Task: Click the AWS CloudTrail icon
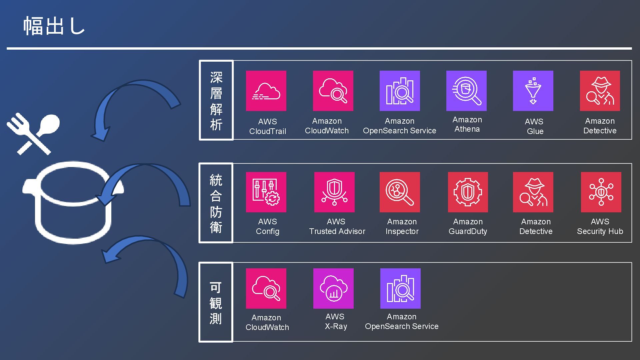tap(266, 91)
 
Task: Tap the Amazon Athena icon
tap(466, 91)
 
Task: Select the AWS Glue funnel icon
tap(533, 91)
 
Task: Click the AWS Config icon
tap(266, 192)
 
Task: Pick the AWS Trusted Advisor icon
tap(334, 192)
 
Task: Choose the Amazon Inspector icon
tap(400, 192)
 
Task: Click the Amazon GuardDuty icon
tap(468, 192)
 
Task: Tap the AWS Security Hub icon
tap(601, 192)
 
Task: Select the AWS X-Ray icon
tap(333, 288)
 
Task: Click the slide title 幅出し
tap(54, 26)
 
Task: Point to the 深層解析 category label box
tap(216, 100)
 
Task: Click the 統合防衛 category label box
tap(216, 203)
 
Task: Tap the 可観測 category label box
tap(216, 302)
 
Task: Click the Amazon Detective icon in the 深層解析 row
tap(600, 91)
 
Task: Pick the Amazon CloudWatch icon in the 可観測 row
tap(266, 288)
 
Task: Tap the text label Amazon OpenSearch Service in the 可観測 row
tap(402, 321)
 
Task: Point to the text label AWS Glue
tap(535, 126)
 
